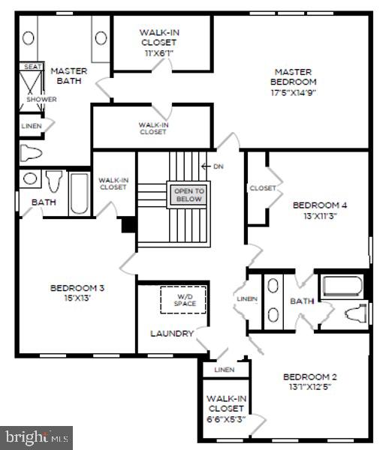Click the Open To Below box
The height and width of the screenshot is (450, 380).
[x=188, y=195]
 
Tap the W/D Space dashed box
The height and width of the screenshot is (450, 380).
[x=184, y=299]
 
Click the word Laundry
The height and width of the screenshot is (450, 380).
[x=172, y=333]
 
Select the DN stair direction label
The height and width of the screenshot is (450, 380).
[x=218, y=166]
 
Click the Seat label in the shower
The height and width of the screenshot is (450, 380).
[x=33, y=67]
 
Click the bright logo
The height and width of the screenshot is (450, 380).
[x=36, y=436]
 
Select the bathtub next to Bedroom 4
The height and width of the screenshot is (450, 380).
[x=342, y=286]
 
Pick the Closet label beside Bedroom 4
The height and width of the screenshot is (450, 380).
[x=263, y=188]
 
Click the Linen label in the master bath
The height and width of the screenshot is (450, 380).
[x=32, y=126]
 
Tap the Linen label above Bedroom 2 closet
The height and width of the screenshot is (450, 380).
[x=224, y=370]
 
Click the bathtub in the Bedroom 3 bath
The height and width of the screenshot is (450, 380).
[x=79, y=195]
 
